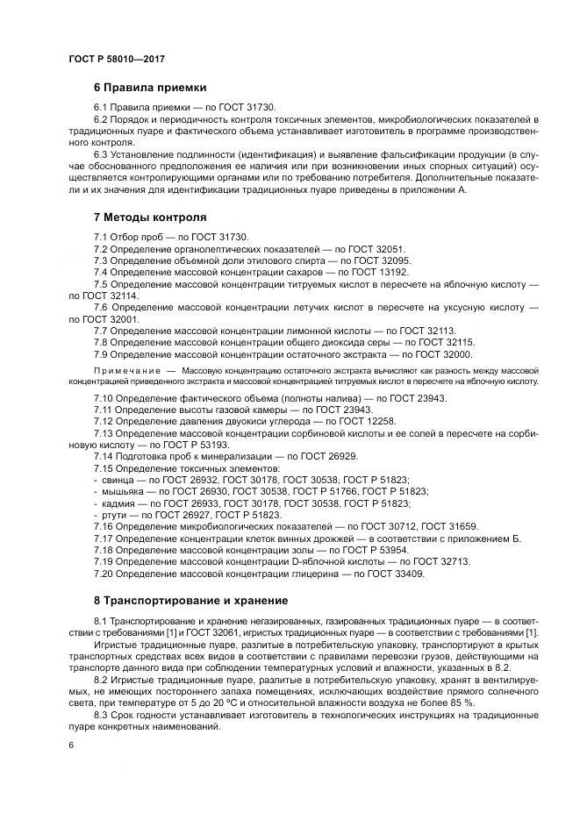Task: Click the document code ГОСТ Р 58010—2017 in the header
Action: (116, 59)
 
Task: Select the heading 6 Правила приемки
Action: (150, 88)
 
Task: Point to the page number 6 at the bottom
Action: (70, 745)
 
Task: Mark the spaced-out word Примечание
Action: (123, 371)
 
